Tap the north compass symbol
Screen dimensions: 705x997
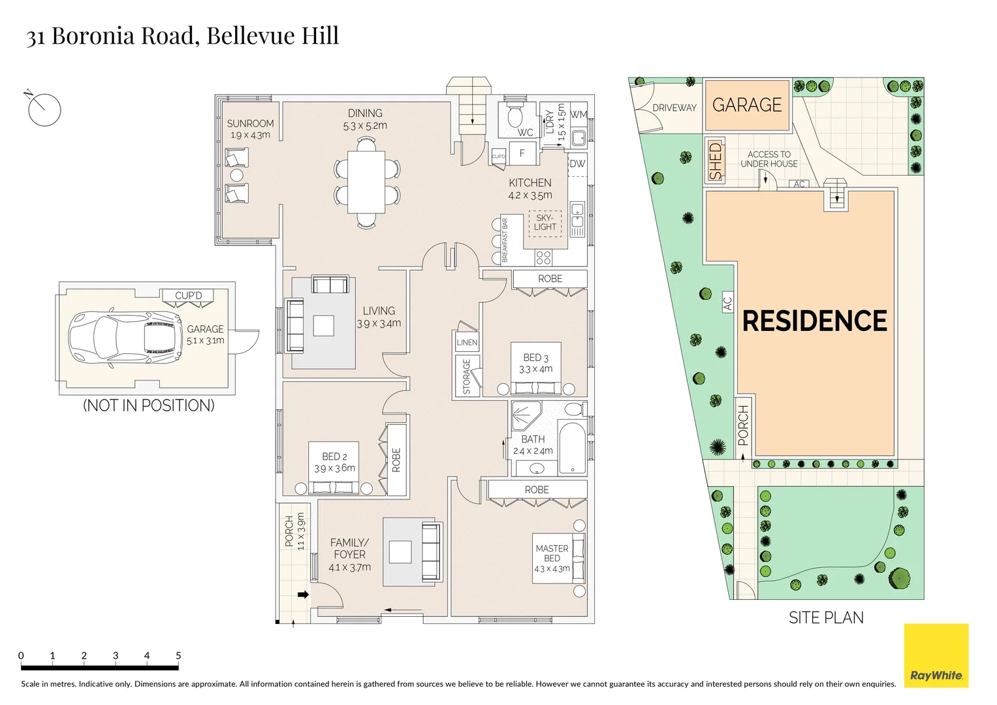tap(44, 109)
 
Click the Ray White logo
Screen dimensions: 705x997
tap(936, 656)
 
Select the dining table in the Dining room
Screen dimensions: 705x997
tap(366, 182)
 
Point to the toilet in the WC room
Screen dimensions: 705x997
tap(514, 116)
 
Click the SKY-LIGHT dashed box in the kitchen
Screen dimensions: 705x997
tap(545, 223)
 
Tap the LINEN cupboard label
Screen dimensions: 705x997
tap(467, 343)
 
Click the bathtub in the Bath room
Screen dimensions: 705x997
tap(573, 448)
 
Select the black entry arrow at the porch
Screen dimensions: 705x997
tap(303, 595)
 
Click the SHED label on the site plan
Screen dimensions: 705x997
tap(716, 161)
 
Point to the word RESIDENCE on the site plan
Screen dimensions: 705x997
tap(814, 321)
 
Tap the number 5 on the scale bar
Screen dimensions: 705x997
tap(178, 655)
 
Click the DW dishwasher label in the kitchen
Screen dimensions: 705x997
tap(577, 164)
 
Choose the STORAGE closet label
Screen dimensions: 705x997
tap(466, 377)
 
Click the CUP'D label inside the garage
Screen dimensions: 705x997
tap(188, 296)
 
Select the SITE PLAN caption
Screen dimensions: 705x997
tap(825, 618)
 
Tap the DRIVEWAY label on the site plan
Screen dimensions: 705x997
tap(674, 108)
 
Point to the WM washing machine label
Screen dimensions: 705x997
tap(578, 115)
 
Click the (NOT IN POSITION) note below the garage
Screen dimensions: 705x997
tap(148, 405)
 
